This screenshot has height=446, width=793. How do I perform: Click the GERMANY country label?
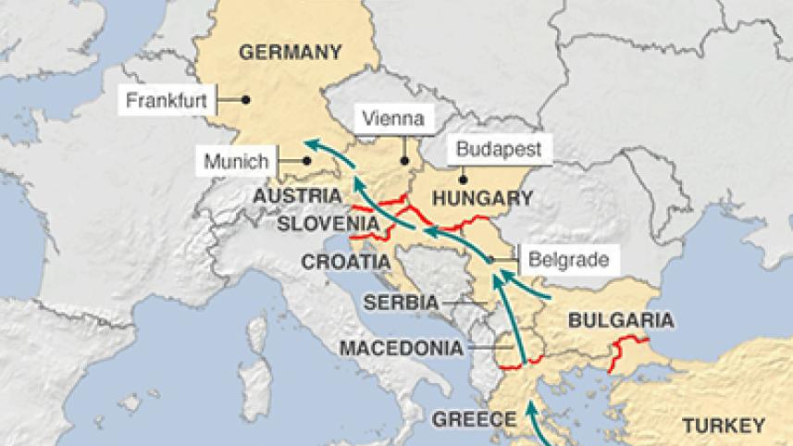point(291,52)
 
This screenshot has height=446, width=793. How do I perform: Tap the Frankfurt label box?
point(167,99)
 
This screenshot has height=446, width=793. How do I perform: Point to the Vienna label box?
point(393,118)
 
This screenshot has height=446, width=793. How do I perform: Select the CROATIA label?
point(345,262)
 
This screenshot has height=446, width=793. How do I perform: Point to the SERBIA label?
point(401,302)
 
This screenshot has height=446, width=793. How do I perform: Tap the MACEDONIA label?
point(400,348)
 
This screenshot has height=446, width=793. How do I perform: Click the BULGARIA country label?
point(620,321)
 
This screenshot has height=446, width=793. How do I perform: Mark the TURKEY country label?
point(723,426)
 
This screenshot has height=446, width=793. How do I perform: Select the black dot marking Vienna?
point(404,160)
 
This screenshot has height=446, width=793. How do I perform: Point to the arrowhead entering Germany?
point(311,142)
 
